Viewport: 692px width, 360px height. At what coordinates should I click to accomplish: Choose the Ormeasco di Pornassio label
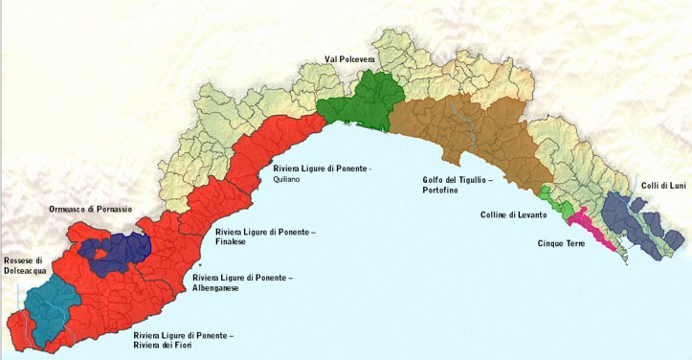coord(91,209)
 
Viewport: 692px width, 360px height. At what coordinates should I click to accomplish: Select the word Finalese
coord(233,242)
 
